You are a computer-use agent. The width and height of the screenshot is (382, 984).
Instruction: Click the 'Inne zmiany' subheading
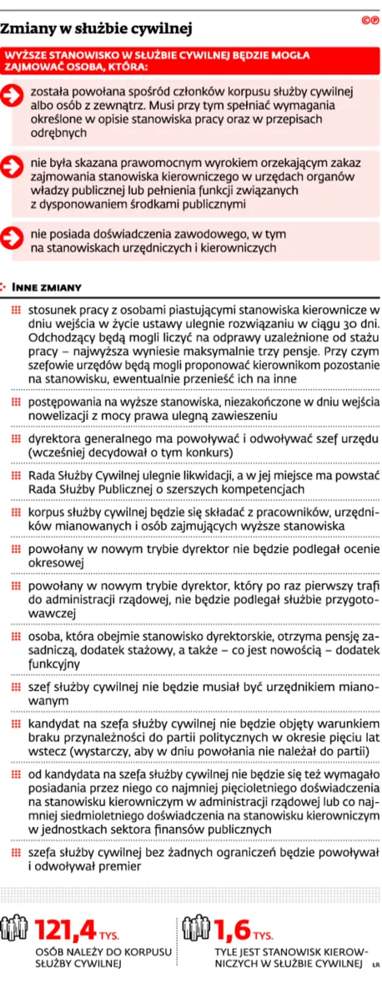(50, 287)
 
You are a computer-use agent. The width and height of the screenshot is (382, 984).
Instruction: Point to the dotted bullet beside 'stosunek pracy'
(16, 309)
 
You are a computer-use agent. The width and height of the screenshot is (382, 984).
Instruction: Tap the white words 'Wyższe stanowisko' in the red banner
(58, 55)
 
